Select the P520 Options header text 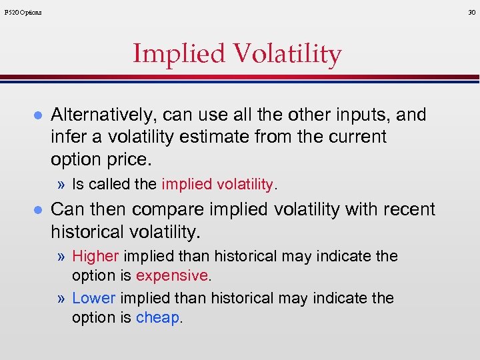click(23, 12)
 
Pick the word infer click(67, 137)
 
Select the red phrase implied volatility click(217, 185)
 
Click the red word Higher click(95, 257)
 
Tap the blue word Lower click(93, 299)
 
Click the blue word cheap click(158, 317)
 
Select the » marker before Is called click(62, 185)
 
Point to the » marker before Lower click(62, 299)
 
